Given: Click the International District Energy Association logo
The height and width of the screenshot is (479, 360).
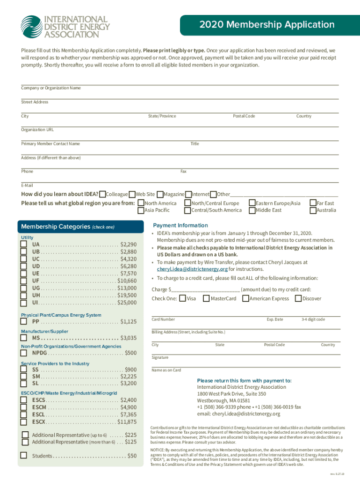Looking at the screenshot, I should coord(65,26).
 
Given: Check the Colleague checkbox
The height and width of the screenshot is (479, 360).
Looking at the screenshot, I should coord(102,194).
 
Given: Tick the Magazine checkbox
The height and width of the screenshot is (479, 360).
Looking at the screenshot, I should coord(160,194).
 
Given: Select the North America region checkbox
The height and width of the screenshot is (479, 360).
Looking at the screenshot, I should coord(141,203).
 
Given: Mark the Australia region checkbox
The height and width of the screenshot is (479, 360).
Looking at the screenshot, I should coord(313,210).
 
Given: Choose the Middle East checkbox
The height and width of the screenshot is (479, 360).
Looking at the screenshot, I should coord(252,210).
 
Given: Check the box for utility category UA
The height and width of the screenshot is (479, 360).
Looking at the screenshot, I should coord(23,245).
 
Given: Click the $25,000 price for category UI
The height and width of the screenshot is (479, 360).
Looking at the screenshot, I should coord(127,303).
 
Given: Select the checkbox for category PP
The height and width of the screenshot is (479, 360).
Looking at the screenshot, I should coord(23,322).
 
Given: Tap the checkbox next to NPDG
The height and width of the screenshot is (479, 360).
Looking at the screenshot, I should coord(23,353).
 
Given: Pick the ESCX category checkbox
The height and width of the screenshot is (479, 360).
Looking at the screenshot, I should coord(23,422).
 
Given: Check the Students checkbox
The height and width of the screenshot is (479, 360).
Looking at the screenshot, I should coord(23,456).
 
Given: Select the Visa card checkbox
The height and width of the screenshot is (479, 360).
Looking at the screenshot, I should coord(182,298).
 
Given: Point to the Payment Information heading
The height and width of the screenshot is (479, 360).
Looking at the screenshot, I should coord(180,225).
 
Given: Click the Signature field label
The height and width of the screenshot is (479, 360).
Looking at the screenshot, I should coord(160,357).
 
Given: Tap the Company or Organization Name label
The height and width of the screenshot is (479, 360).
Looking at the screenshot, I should coord(51,88).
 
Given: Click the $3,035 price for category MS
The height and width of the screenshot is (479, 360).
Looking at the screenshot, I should coord(129,338).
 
